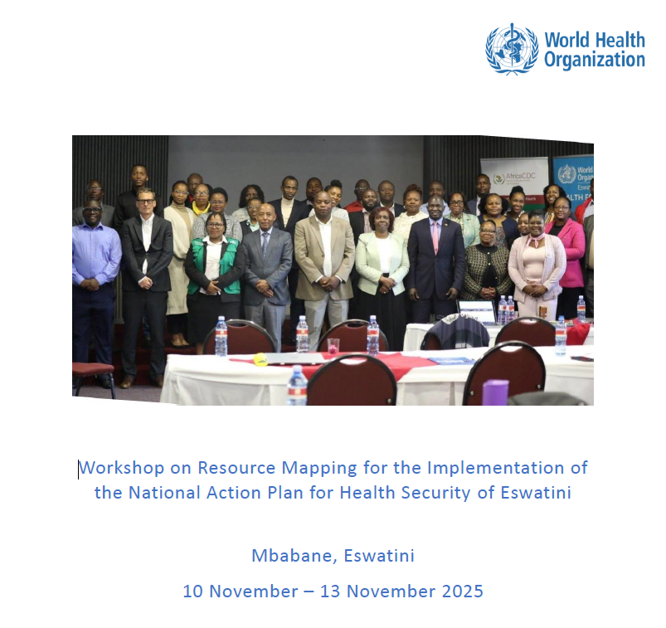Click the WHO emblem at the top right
tap(512, 49)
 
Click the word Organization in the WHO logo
tap(595, 60)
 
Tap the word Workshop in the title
tap(121, 468)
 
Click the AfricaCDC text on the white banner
tap(520, 176)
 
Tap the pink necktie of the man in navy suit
tap(435, 236)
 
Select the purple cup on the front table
tap(495, 392)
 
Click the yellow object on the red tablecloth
tap(260, 359)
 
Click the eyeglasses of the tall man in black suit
tap(145, 201)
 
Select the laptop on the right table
tap(478, 311)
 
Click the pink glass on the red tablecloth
tap(333, 346)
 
